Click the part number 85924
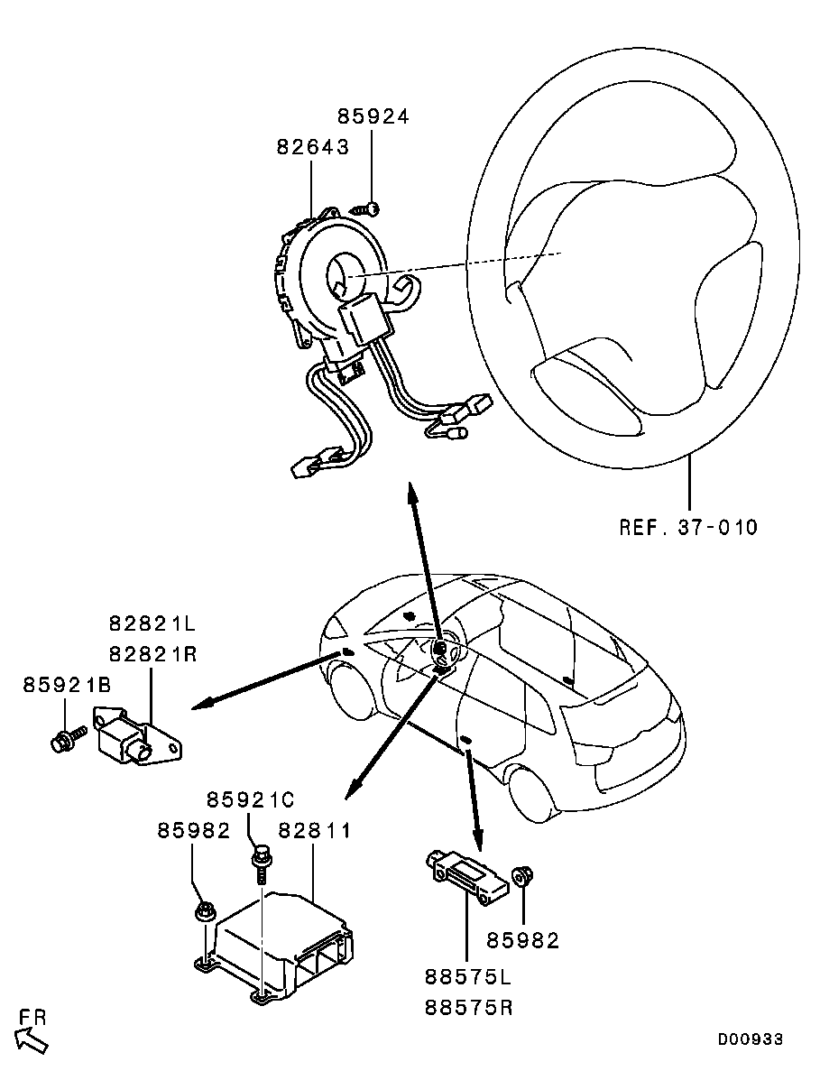[373, 116]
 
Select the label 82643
[313, 147]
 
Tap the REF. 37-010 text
[688, 527]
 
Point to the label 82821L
[152, 623]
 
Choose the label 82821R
[152, 654]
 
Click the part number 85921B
[67, 685]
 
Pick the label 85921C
[250, 799]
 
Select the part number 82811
[315, 831]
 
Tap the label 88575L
[467, 977]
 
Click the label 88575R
[468, 1008]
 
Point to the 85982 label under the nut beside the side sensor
[522, 940]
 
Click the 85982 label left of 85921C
[194, 831]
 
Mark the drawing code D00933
[750, 1039]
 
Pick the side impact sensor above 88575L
[467, 877]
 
